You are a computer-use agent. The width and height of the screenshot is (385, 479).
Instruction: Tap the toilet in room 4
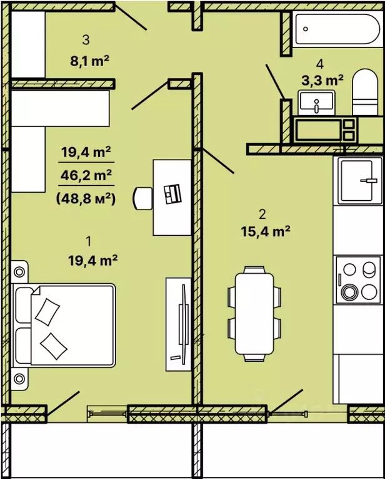[365, 92]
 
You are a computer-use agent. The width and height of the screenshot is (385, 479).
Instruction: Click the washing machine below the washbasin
[326, 129]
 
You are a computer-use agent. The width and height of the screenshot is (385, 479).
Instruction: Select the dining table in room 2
[254, 313]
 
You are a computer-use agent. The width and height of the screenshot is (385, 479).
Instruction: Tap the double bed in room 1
[64, 326]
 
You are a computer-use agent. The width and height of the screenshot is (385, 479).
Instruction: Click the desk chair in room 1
[142, 198]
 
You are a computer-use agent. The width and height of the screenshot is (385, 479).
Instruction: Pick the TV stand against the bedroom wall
[178, 324]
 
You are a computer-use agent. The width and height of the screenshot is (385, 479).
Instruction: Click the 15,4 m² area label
[266, 231]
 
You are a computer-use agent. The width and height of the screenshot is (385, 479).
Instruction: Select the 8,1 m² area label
[89, 60]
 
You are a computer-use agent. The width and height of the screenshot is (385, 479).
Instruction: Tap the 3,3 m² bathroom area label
[322, 80]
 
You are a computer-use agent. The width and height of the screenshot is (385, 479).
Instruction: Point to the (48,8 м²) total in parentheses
[86, 199]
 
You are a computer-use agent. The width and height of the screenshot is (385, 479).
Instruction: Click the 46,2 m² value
[86, 175]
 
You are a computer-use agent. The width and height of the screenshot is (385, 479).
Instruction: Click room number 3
[86, 40]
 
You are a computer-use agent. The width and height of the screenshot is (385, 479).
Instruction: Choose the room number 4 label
[320, 64]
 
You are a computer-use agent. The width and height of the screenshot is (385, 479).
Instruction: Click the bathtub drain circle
[305, 29]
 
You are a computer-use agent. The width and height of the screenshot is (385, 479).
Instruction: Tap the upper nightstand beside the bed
[19, 271]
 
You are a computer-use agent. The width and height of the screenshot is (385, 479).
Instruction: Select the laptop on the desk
[172, 194]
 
